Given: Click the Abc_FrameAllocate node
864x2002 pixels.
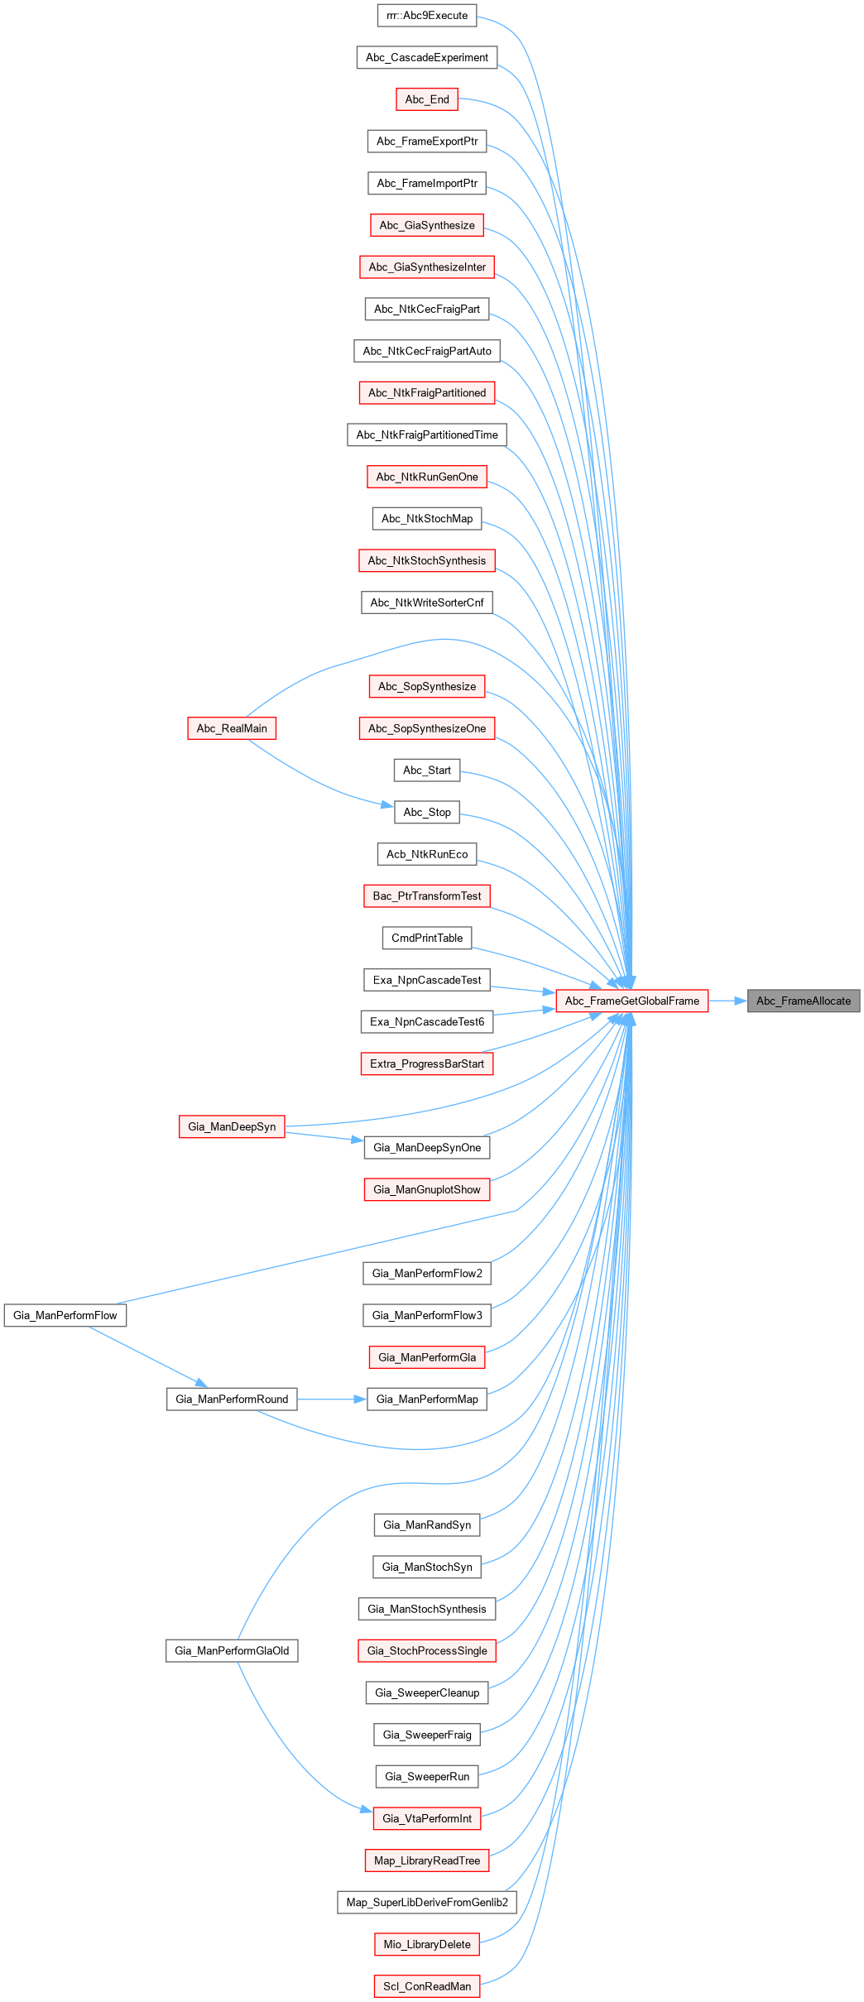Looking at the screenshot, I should pos(803,1001).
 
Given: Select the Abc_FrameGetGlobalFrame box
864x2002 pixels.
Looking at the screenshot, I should pos(631,1001).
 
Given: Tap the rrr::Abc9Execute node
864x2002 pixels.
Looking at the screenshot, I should pos(427,16).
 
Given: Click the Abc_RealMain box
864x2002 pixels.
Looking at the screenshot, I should pos(232,728).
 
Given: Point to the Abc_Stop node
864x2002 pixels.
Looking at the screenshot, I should pos(427,812).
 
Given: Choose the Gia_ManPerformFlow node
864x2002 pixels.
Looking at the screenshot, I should pos(65,1315).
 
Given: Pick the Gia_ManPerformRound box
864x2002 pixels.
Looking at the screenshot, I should pos(232,1399).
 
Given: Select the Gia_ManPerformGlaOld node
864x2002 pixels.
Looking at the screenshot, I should pos(232,1650).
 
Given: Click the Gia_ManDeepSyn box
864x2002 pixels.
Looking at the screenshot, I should pos(232,1126).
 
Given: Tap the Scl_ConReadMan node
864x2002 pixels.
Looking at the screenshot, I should pos(427,1985).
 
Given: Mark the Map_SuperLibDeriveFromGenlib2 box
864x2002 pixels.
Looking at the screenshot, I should pos(427,1902).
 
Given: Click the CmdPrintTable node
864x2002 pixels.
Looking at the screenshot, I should pos(427,938).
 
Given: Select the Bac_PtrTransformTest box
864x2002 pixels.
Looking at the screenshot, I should pos(427,895).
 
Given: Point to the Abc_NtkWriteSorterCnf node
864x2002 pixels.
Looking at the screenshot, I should pos(427,603).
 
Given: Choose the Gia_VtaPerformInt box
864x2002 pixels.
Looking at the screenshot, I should pos(427,1818).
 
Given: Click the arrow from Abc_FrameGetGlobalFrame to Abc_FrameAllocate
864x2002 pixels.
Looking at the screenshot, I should pos(727,1001).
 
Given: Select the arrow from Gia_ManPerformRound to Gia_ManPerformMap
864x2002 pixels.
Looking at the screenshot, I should pos(331,1399).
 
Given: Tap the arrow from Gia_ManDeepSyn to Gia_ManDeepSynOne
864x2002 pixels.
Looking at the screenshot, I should pos(324,1136).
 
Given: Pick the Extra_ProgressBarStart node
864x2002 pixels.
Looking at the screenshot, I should pos(427,1063).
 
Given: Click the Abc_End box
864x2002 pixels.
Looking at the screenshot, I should pos(427,99).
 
